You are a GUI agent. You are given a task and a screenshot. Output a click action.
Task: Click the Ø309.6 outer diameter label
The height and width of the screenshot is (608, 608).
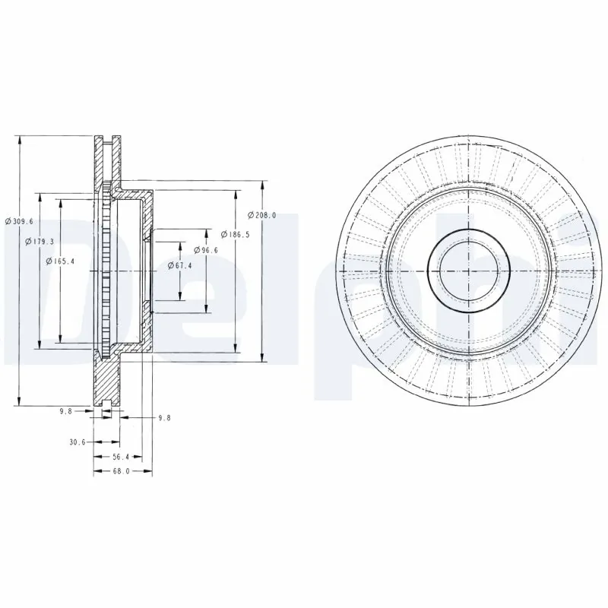click(x=18, y=220)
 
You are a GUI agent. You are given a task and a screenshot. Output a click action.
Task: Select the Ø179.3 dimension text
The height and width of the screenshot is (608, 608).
click(x=39, y=241)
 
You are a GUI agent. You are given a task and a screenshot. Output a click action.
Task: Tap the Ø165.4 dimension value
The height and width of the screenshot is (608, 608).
click(x=60, y=261)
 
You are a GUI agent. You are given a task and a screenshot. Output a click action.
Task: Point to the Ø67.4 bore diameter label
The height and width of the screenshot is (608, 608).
click(x=179, y=265)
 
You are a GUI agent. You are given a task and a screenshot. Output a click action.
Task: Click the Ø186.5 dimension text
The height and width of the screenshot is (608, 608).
click(x=235, y=234)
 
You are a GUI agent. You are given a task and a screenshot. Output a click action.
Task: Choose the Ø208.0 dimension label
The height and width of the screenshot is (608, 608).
click(x=263, y=215)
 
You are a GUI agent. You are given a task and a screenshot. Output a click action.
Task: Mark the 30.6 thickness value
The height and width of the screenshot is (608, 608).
click(x=77, y=442)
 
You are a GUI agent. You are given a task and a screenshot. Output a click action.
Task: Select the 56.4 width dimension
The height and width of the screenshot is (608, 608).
click(x=122, y=457)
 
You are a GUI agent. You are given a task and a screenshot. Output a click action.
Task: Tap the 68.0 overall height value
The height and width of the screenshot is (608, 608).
click(x=122, y=471)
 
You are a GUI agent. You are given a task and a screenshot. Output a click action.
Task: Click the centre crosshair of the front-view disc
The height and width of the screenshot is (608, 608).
click(x=469, y=271)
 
